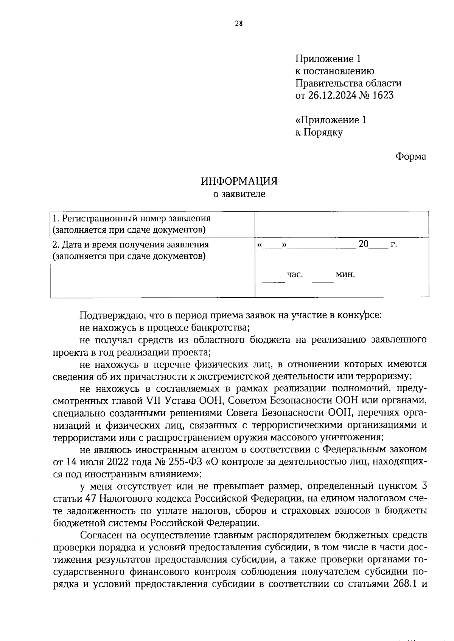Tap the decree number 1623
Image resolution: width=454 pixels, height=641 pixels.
point(383,96)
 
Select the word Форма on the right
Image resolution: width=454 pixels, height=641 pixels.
point(410,156)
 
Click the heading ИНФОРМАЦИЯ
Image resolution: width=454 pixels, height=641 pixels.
point(239,181)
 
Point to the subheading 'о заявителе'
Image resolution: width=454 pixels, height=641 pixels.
point(239,194)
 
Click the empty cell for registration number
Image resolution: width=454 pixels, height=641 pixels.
point(342,224)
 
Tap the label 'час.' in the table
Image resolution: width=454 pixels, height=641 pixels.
point(295,275)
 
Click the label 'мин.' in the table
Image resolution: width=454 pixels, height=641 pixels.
point(345,275)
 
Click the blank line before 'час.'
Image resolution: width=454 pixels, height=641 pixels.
point(273,281)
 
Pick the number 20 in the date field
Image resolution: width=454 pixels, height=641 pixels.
point(363,244)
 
